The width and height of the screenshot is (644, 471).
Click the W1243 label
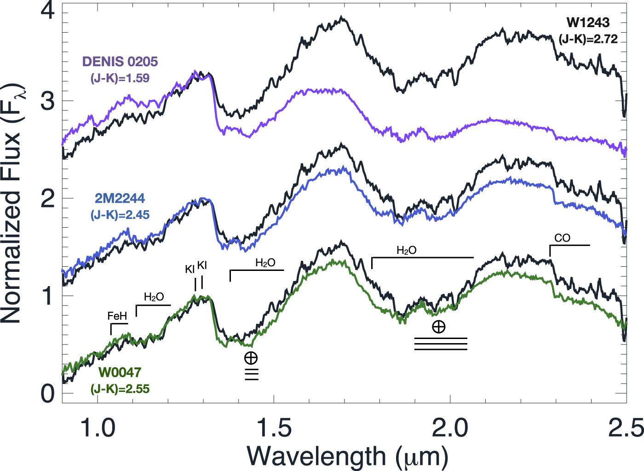tap(588, 22)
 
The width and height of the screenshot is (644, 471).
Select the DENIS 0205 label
tap(120, 62)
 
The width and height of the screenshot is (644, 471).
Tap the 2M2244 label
tap(120, 198)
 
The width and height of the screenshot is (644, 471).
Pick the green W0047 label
tap(120, 372)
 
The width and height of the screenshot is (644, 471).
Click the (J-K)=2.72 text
tap(588, 39)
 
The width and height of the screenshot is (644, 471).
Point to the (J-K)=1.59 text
tap(120, 78)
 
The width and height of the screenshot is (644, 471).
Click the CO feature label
tap(562, 238)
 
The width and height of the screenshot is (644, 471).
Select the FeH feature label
tap(117, 316)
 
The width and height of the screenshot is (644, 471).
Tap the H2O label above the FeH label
tap(154, 297)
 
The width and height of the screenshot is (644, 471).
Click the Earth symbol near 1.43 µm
tap(251, 358)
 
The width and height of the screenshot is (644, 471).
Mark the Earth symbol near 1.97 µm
tap(439, 327)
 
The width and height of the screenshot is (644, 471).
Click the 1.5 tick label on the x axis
tap(274, 428)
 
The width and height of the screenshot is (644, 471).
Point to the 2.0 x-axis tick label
tap(450, 428)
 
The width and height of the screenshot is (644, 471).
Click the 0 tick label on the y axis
tap(47, 394)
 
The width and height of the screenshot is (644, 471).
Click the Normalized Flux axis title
tap(13, 202)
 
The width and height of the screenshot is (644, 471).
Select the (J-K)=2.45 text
tap(120, 215)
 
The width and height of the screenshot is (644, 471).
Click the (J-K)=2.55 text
tap(120, 389)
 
